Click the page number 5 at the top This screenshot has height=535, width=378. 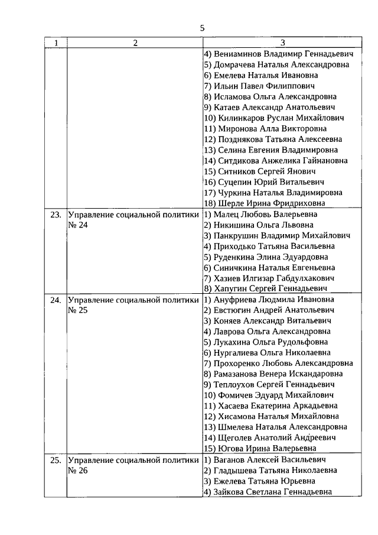coord(202,28)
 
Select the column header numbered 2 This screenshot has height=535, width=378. coord(135,43)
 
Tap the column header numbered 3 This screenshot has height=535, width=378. coord(282,43)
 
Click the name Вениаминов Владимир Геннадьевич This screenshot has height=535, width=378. coord(278,54)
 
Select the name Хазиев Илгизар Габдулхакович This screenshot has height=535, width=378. coord(269,278)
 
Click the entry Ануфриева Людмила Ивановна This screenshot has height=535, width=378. coord(265,300)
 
